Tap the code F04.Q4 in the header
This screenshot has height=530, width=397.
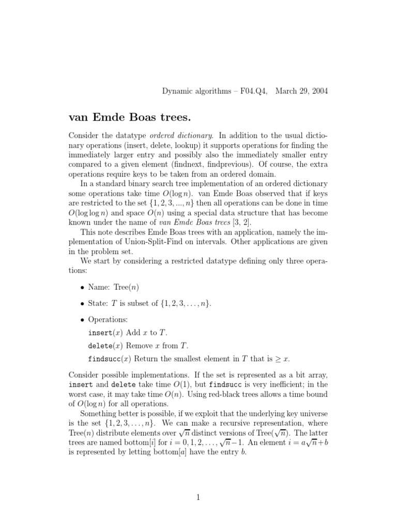click(x=250, y=91)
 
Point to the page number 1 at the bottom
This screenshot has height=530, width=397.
click(x=198, y=498)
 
